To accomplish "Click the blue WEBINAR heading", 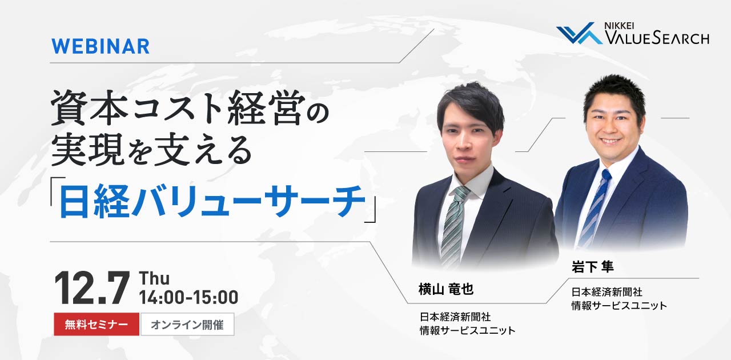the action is (x=101, y=46).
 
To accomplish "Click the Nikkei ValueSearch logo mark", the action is (x=579, y=33).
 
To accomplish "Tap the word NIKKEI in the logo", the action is (x=619, y=26).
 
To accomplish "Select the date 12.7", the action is (x=92, y=288).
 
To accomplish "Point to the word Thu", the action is (x=154, y=279).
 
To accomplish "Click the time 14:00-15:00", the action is (x=188, y=297).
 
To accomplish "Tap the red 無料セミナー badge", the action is (x=97, y=325).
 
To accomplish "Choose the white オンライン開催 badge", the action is (x=187, y=325).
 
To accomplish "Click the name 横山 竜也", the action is (x=446, y=289).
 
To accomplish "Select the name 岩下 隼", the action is (x=592, y=266).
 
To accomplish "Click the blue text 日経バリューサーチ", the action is (x=212, y=201).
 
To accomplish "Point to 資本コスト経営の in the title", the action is (x=190, y=108).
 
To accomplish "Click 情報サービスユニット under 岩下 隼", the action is (x=619, y=306).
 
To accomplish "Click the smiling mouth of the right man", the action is (x=609, y=141).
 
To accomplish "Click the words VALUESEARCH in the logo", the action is (x=657, y=38).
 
